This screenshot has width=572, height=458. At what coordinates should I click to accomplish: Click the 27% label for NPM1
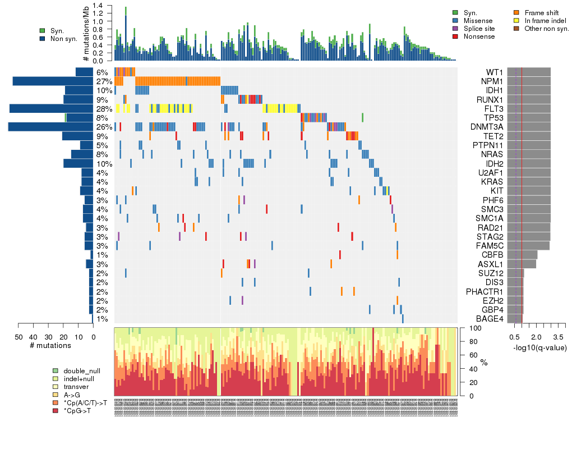104,82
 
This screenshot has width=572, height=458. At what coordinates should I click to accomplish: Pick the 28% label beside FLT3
104,109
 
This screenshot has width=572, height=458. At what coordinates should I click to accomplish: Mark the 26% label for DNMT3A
104,127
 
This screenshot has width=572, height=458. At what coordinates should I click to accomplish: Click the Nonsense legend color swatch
455,36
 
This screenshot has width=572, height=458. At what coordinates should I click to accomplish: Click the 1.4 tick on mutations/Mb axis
98,5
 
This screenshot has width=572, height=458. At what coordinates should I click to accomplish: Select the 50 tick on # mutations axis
19,337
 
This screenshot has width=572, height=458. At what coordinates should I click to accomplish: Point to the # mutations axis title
50,345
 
